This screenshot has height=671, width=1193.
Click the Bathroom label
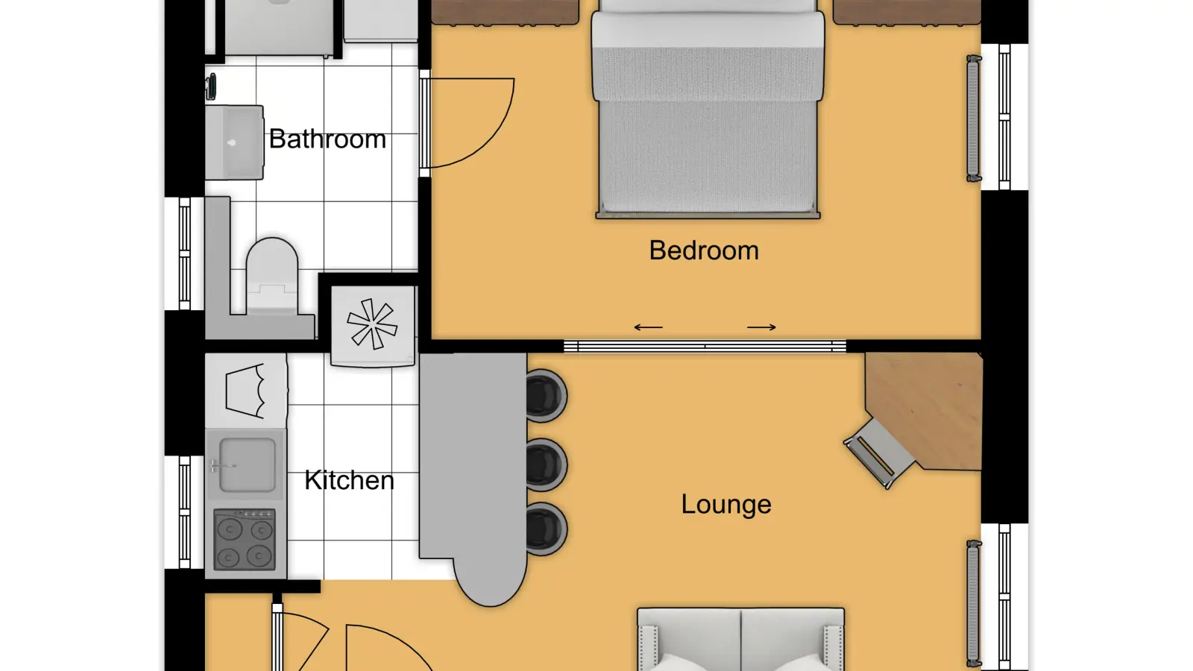[x=327, y=139]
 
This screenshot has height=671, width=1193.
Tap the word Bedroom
[x=704, y=251]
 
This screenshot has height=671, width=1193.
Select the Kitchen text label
[x=349, y=480]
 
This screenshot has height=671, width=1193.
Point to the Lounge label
[x=726, y=505]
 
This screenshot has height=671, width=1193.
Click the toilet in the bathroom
[x=271, y=276]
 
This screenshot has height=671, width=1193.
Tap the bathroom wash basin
[x=234, y=142]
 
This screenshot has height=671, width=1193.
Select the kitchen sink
[x=247, y=464]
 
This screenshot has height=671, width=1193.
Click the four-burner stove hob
[x=245, y=540]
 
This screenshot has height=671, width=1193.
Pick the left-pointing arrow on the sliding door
[x=648, y=327]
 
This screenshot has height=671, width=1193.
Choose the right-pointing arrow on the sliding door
[x=761, y=327]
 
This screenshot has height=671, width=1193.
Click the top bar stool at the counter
[x=546, y=396]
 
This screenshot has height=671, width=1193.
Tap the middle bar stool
[x=546, y=465]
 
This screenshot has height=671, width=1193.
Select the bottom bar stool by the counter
[x=546, y=529]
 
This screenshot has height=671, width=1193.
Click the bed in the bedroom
[x=708, y=109]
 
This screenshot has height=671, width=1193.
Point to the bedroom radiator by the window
[x=974, y=119]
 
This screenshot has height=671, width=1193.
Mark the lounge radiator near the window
[x=974, y=604]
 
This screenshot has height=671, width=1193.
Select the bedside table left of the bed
[x=505, y=12]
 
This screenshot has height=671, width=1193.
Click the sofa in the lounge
[x=741, y=639]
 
